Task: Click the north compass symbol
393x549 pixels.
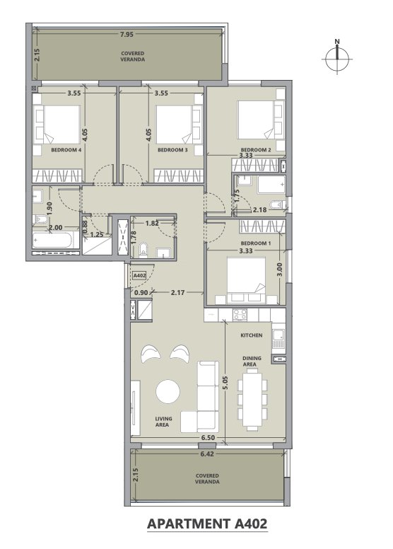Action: click(x=337, y=58)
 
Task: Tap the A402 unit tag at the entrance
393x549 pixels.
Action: click(x=140, y=275)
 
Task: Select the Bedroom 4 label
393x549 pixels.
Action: click(x=66, y=150)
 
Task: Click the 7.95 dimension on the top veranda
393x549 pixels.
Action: click(x=127, y=34)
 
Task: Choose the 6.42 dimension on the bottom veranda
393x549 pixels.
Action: click(x=207, y=453)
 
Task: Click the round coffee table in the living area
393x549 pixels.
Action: click(x=168, y=391)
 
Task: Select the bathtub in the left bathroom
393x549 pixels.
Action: click(x=56, y=241)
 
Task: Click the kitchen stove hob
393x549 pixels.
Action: click(x=240, y=314)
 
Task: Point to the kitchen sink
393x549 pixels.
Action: click(x=278, y=339)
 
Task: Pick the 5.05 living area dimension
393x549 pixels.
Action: click(x=225, y=383)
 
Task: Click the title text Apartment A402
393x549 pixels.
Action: click(x=207, y=524)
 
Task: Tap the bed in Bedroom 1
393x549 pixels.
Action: click(x=247, y=280)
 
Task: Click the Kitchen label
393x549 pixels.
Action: click(x=251, y=335)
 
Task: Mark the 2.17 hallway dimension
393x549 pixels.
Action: click(x=178, y=292)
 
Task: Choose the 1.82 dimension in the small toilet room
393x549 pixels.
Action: click(x=152, y=223)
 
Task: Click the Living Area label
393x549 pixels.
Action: click(x=163, y=422)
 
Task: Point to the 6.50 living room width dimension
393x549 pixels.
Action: click(x=208, y=438)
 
